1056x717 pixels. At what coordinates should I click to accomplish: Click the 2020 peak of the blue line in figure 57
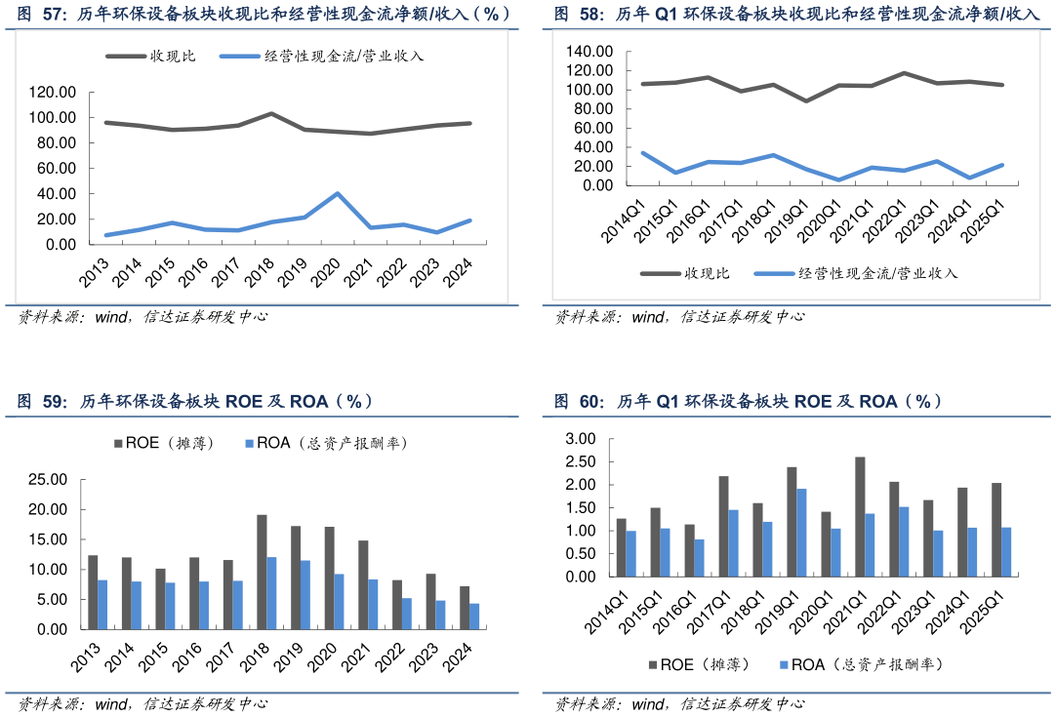(x=338, y=193)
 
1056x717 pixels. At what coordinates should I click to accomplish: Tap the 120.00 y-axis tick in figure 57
(x=53, y=93)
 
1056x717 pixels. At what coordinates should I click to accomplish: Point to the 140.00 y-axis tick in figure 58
(x=589, y=51)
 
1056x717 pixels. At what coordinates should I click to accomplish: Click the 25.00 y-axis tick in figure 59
(x=47, y=480)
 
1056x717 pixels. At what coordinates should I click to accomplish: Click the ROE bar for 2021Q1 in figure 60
(x=859, y=516)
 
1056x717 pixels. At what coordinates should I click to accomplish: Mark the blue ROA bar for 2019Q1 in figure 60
(x=800, y=532)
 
